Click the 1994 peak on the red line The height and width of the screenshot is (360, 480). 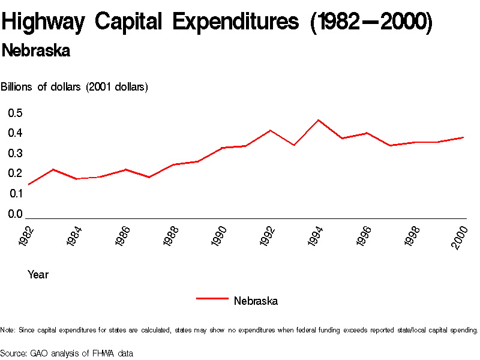[319, 120]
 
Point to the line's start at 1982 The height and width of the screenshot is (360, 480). [28, 184]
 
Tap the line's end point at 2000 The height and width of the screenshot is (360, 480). [464, 137]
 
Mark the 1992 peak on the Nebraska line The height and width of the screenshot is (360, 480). [271, 130]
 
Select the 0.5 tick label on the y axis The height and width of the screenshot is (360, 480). [15, 113]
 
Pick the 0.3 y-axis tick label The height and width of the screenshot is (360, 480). [15, 154]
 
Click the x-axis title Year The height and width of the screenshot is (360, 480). [38, 275]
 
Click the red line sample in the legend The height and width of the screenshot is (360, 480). [212, 298]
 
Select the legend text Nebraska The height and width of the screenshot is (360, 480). [256, 301]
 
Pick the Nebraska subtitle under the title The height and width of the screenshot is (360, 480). [36, 51]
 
